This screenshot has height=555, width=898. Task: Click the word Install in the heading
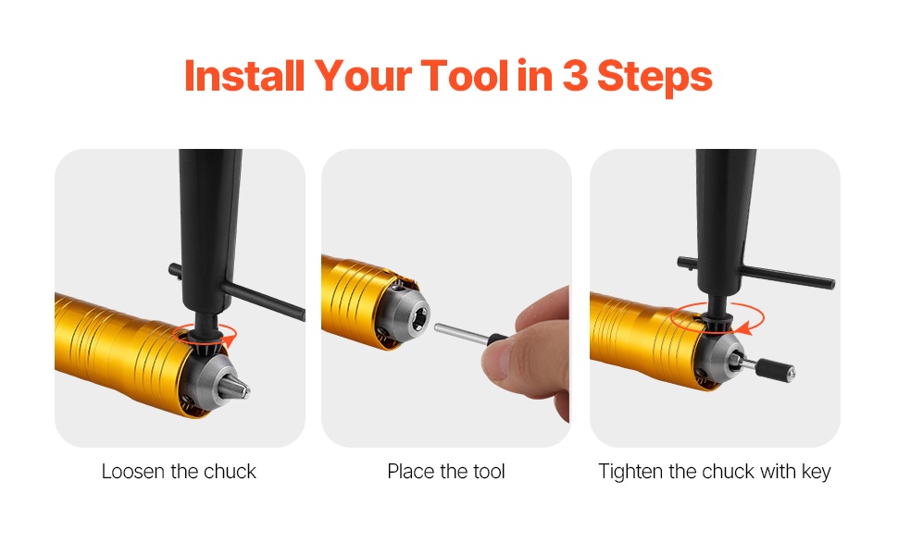pos(244,76)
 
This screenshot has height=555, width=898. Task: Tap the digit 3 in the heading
pos(575,76)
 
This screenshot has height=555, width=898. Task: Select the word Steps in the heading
pos(655,77)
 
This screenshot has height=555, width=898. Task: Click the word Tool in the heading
pos(465,76)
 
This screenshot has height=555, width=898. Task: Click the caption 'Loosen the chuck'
pos(179,472)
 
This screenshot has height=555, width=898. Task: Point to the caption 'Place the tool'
pos(446,472)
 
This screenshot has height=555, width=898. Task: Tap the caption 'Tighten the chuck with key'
pos(715,472)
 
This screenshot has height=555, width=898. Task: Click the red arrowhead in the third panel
pos(744,328)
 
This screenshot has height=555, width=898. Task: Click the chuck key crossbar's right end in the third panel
pos(831,283)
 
